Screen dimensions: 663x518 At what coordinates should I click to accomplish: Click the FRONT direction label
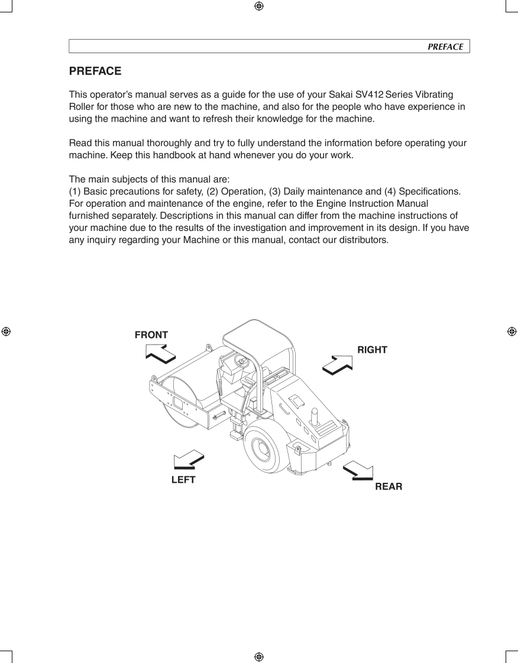151,335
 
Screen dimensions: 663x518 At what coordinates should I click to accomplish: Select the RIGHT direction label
372,350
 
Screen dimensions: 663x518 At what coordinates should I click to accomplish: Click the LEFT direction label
183,480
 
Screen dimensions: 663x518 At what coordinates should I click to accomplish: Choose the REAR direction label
388,487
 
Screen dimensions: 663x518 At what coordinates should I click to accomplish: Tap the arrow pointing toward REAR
358,469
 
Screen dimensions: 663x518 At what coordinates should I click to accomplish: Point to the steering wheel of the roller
241,360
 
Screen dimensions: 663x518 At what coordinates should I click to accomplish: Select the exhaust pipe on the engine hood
315,420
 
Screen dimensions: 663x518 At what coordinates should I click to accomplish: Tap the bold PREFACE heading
95,71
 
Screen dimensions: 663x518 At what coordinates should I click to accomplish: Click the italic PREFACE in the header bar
445,47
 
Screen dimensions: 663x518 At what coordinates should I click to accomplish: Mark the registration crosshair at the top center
258,6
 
